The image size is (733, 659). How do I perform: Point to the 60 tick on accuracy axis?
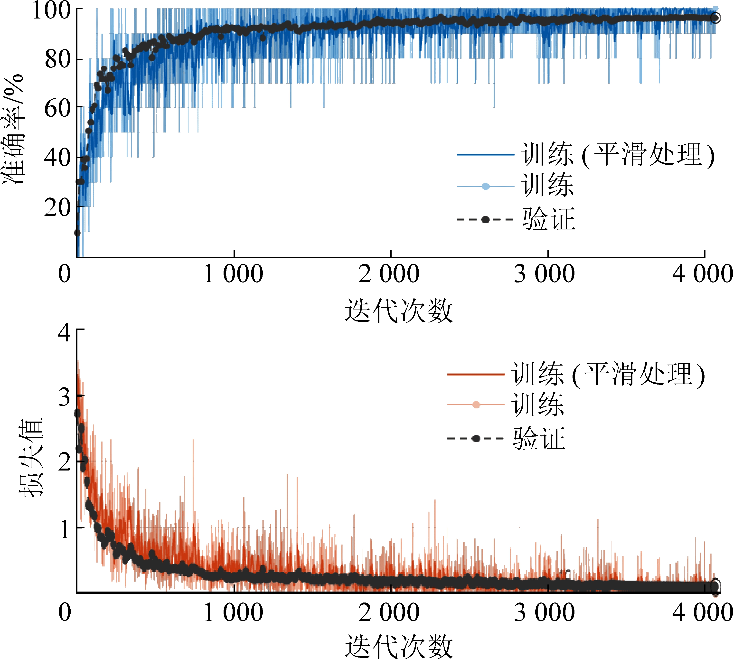coord(58,108)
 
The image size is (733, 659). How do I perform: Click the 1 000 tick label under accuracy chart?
coord(234,274)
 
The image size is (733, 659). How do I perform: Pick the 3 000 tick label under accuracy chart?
coord(545,274)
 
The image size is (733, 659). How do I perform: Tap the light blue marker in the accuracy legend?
coord(486,187)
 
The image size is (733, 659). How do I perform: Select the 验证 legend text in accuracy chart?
coord(549,219)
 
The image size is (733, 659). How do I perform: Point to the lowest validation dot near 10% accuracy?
coord(77,233)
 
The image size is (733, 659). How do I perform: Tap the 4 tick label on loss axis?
coord(65,332)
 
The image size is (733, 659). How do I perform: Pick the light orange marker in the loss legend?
coord(476,405)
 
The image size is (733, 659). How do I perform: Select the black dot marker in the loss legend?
coord(476,439)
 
